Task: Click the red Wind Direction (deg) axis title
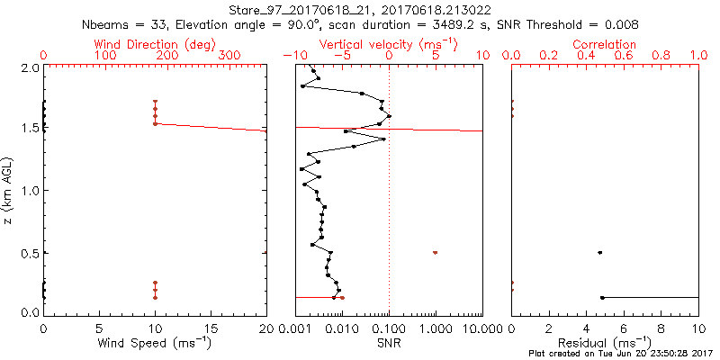point(155,44)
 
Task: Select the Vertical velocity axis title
point(388,44)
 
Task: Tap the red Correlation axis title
point(605,44)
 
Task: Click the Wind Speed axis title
point(155,343)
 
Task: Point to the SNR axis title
point(389,343)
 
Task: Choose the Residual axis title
point(605,343)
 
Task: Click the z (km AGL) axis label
point(9,190)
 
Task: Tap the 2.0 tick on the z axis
point(30,67)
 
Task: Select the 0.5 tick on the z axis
point(30,252)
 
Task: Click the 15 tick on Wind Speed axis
point(211,329)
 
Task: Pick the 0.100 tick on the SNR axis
point(389,329)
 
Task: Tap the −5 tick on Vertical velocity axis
point(342,56)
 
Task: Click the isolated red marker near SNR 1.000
point(436,252)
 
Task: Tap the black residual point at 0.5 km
point(599,252)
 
